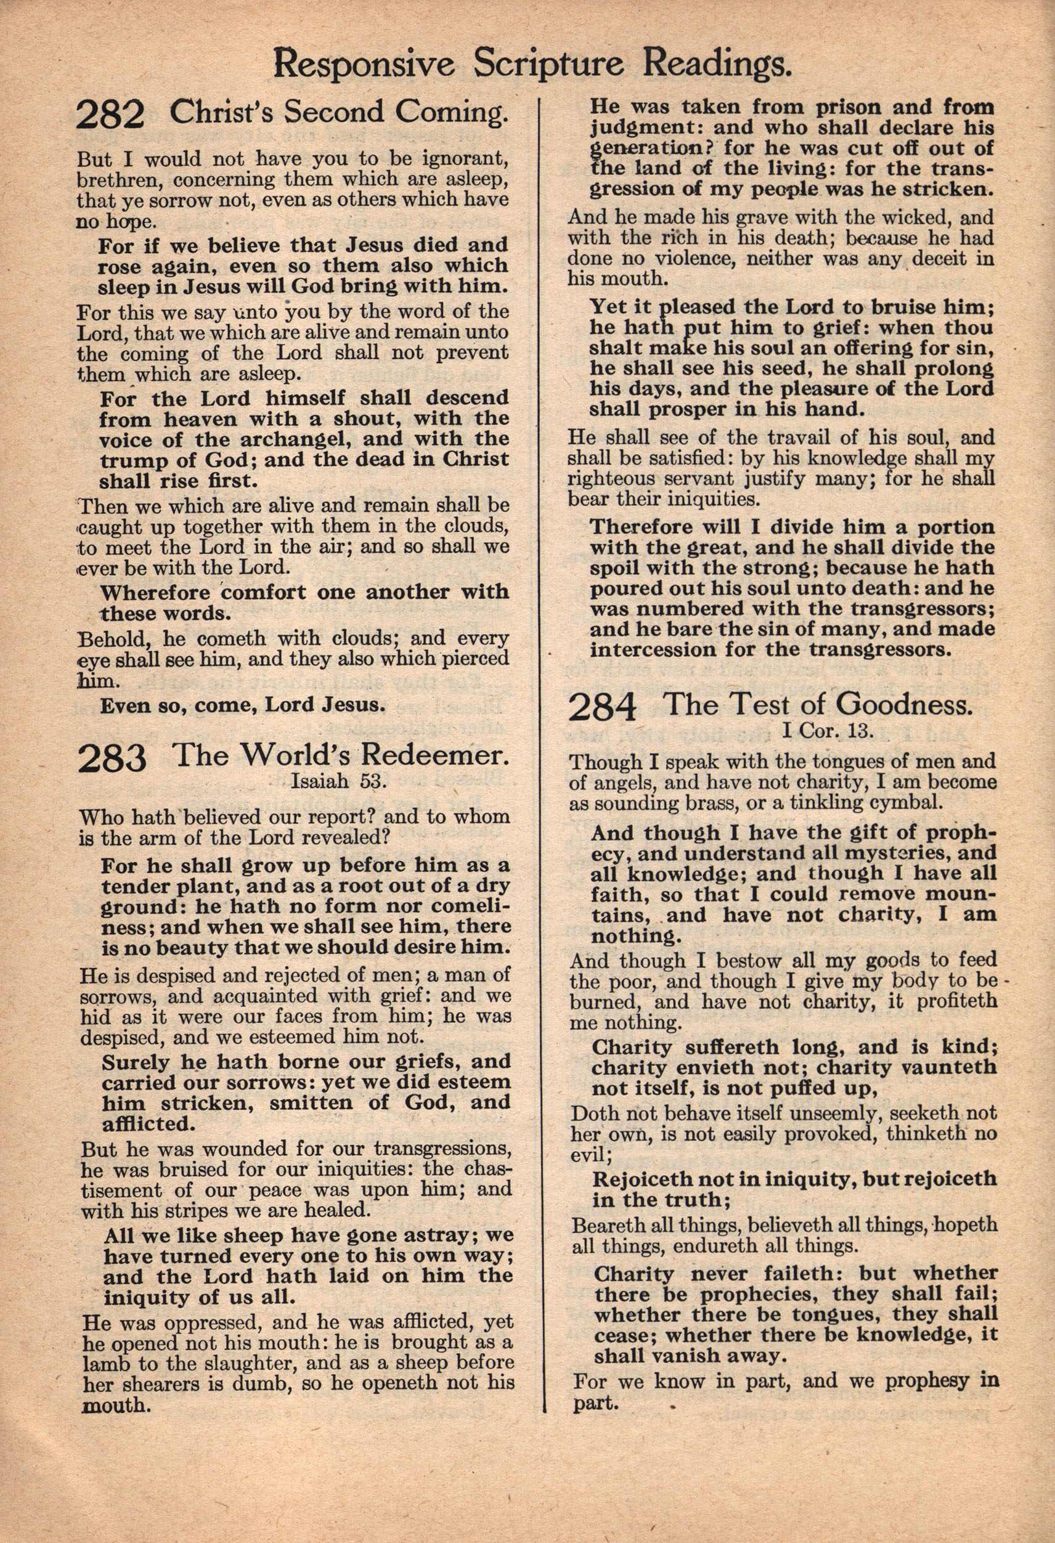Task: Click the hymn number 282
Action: coord(110,114)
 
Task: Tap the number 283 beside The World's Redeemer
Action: coord(112,758)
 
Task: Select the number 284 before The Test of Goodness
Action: coord(601,708)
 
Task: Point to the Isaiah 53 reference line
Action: coord(338,781)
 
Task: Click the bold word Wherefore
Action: coord(155,592)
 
